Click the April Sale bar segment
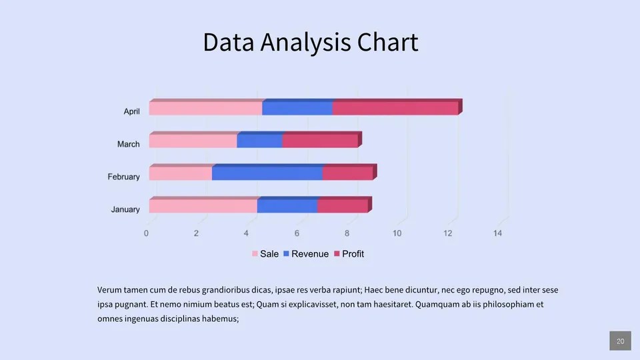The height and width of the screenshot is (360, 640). click(205, 108)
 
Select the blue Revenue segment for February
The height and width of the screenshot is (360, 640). click(267, 173)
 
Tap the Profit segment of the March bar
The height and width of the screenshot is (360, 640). click(320, 141)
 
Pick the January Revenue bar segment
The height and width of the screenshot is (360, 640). click(287, 206)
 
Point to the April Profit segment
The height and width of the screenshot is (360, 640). click(395, 108)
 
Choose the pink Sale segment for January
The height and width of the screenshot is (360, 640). click(203, 206)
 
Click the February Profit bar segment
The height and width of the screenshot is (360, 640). click(347, 173)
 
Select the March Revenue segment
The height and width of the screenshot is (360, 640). click(259, 141)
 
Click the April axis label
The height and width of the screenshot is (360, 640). click(131, 111)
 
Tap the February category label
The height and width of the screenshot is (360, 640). click(123, 177)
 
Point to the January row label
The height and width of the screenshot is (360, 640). click(125, 209)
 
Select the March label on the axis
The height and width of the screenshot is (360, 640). click(129, 144)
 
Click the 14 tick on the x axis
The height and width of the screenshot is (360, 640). click(497, 233)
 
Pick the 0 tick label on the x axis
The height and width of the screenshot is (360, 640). click(146, 233)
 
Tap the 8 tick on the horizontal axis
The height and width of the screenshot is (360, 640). click(347, 233)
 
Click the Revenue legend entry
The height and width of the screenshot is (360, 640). click(306, 254)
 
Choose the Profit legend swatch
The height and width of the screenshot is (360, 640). click(337, 254)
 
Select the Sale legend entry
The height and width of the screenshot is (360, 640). click(265, 254)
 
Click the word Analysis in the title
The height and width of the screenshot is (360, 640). click(306, 43)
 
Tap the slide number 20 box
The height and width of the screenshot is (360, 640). click(620, 341)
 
